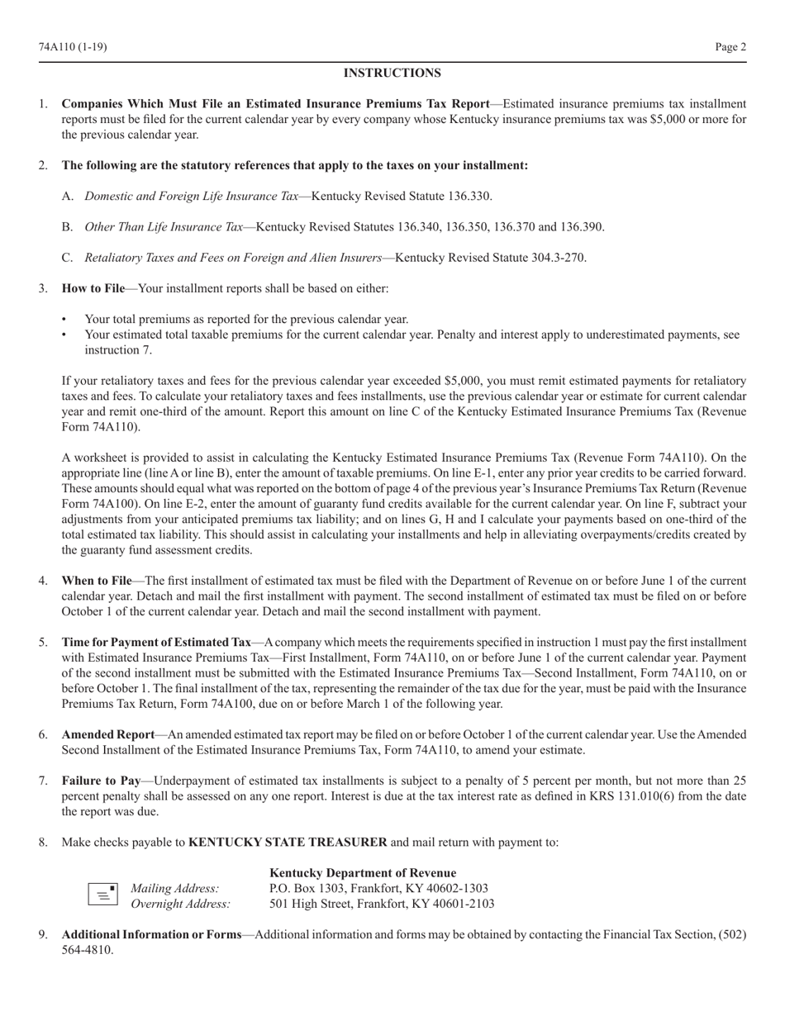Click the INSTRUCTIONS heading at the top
tap(392, 74)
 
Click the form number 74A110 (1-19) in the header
tap(73, 47)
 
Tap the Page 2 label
tap(730, 47)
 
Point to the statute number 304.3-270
tap(557, 258)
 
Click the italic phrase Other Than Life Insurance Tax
tap(164, 227)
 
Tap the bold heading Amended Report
tap(108, 734)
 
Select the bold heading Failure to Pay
tap(102, 781)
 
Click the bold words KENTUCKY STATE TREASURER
tap(288, 843)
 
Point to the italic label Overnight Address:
tap(181, 904)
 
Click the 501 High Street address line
tap(382, 904)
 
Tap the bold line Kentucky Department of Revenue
tap(363, 873)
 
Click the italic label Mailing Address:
tap(175, 889)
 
